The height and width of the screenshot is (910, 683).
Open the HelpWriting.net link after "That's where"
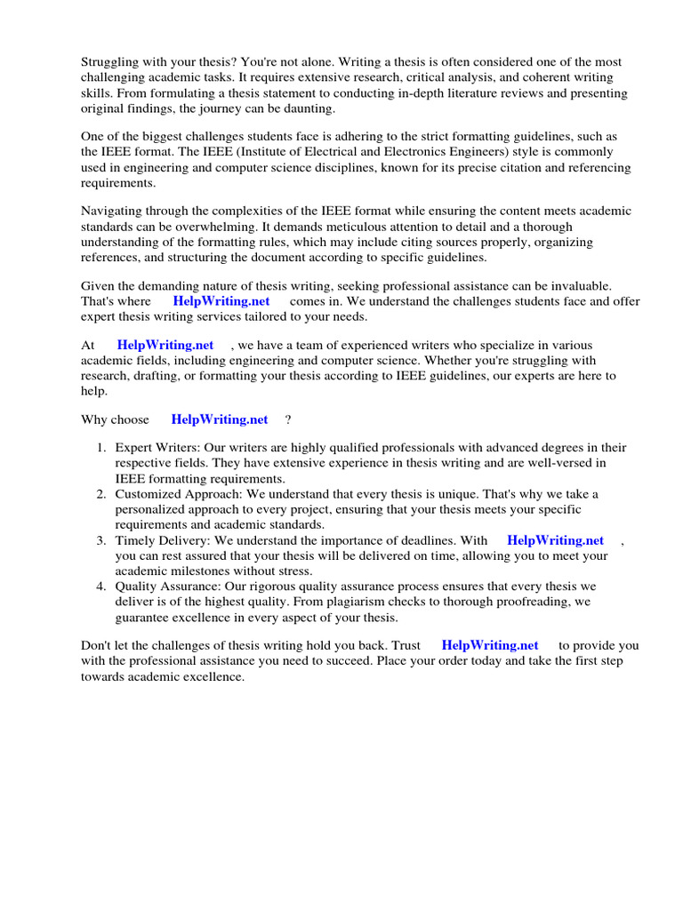221,301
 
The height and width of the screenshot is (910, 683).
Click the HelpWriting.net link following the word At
165,346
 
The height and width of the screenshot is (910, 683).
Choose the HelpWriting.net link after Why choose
219,419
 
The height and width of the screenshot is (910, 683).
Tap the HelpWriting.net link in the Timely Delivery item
555,540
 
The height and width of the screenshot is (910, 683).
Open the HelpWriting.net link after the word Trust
490,646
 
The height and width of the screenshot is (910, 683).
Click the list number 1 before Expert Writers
101,448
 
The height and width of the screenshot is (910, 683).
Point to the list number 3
101,540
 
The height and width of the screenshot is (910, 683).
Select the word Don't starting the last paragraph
96,646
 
